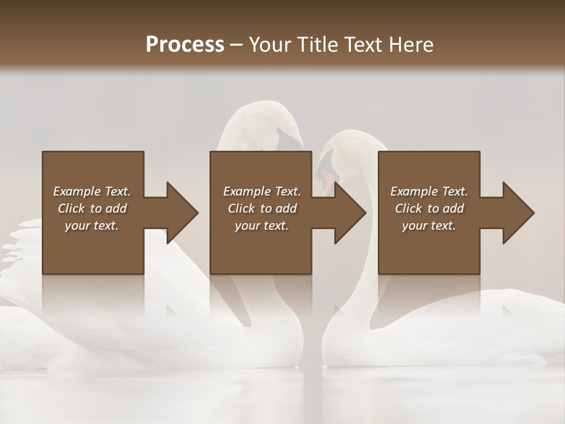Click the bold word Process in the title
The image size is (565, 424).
[x=185, y=44]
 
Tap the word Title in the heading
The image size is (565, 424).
[x=318, y=44]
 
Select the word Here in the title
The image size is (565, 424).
[x=411, y=44]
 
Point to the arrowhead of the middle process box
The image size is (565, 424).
[x=351, y=213]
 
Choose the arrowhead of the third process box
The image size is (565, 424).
[x=519, y=213]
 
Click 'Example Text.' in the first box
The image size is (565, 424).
[x=92, y=191]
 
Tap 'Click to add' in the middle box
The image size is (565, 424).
[x=262, y=208]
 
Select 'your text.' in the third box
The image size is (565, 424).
[x=428, y=226]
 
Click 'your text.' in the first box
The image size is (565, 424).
[x=92, y=226]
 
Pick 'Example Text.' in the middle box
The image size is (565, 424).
[x=262, y=191]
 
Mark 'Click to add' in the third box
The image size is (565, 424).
[x=429, y=208]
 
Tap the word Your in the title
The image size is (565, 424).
[x=270, y=44]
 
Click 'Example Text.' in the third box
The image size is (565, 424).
[x=429, y=191]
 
